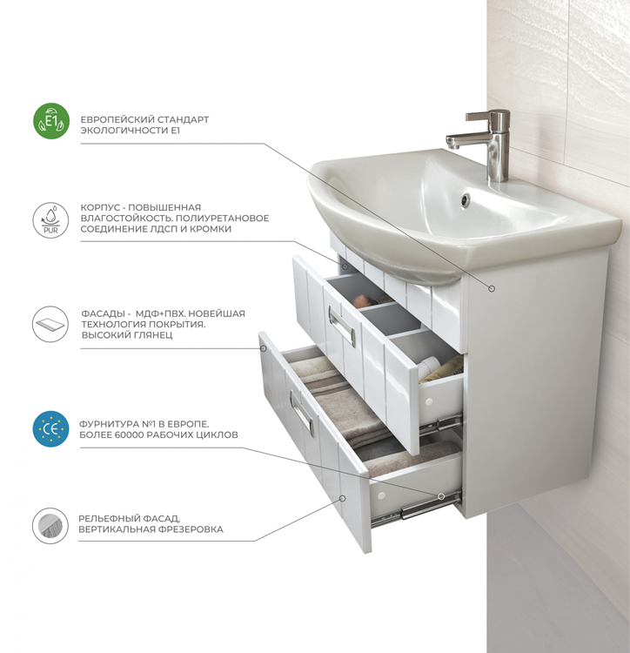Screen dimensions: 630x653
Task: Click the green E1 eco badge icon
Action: (x=51, y=121)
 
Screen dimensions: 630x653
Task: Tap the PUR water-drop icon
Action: (x=50, y=220)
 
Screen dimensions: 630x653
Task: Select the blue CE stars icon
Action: (x=50, y=429)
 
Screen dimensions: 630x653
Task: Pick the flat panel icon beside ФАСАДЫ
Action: (x=50, y=325)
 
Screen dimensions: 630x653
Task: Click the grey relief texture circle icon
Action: (x=50, y=526)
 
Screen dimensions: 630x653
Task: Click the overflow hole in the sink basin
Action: (x=466, y=199)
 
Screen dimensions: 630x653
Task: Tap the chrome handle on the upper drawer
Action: (x=341, y=326)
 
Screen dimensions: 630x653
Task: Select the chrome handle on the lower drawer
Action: (x=301, y=413)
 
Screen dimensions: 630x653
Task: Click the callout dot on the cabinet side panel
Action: (x=492, y=288)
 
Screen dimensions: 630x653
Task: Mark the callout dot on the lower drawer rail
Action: (x=441, y=496)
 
